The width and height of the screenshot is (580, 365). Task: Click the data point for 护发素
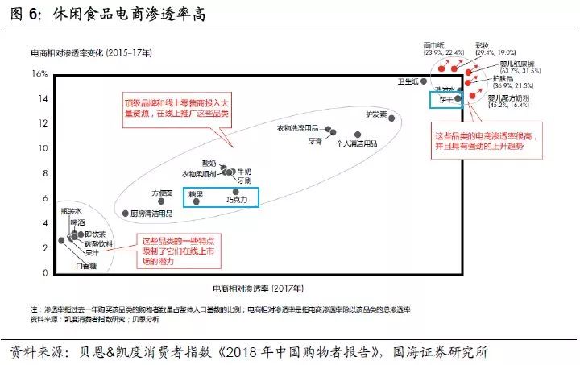(391, 118)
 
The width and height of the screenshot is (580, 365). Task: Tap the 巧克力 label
(236, 199)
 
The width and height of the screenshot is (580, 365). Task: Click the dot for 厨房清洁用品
(124, 214)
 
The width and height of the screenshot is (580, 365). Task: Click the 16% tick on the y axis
(39, 73)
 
